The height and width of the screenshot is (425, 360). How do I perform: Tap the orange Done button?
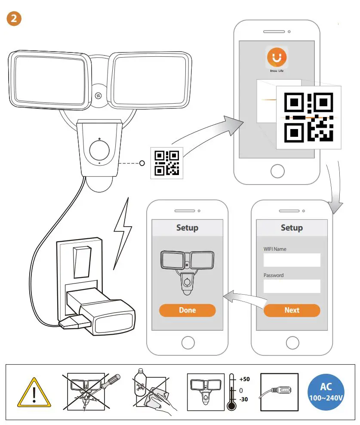point(187,310)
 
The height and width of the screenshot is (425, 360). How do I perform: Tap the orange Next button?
point(292,310)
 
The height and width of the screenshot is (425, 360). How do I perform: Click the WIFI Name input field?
point(292,260)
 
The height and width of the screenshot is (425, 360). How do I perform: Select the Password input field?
point(292,286)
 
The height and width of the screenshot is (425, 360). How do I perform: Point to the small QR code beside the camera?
point(166,163)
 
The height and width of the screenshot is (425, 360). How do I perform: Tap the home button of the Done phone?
point(187,343)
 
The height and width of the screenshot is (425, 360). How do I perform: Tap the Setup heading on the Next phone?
point(292,228)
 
